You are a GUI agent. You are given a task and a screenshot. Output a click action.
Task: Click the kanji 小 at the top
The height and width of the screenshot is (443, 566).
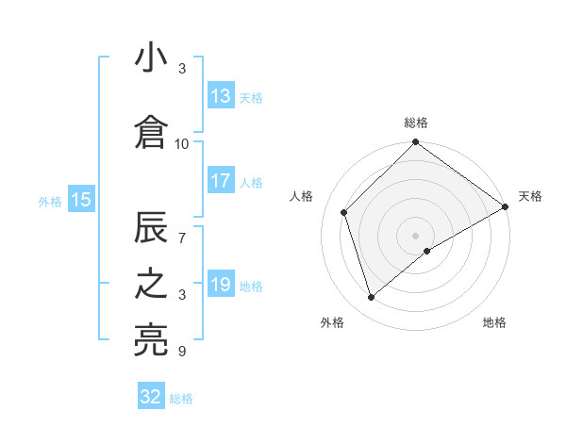coord(151,58)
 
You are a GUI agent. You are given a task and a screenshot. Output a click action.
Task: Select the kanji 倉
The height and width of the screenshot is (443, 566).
coord(151,132)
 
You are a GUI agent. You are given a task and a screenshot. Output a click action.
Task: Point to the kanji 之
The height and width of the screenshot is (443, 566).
coord(151,286)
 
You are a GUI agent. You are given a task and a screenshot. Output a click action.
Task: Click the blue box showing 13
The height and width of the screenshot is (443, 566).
coord(221,96)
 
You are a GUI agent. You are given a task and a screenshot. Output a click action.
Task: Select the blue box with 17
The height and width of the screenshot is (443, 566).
coord(221,181)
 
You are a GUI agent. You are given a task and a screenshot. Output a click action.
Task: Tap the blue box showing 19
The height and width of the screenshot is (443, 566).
coord(221,285)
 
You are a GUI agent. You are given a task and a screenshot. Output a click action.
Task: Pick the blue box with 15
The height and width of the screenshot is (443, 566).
coord(80,199)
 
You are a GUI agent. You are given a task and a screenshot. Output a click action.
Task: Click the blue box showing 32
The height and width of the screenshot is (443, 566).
coord(151,397)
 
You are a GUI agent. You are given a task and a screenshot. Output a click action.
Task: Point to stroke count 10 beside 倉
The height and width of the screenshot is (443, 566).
coord(182,143)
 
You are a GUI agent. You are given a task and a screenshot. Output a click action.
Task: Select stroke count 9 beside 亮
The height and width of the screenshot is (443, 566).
coord(182,352)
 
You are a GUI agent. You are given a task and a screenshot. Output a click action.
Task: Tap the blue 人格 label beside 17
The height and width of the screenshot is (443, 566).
coord(251,182)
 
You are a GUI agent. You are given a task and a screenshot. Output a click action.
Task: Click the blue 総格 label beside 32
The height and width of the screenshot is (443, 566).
coord(181,398)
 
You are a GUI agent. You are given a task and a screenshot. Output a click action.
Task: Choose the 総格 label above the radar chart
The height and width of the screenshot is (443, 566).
coord(416,123)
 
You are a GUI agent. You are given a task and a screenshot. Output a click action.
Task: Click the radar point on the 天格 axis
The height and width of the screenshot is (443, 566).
coord(506,207)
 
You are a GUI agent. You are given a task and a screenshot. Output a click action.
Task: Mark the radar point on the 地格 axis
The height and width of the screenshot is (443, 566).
coord(427,251)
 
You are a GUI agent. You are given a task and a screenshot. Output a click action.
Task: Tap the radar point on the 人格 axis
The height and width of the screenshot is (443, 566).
coord(344,212)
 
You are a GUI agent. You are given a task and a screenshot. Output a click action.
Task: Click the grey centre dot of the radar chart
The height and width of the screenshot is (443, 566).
coord(416,235)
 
